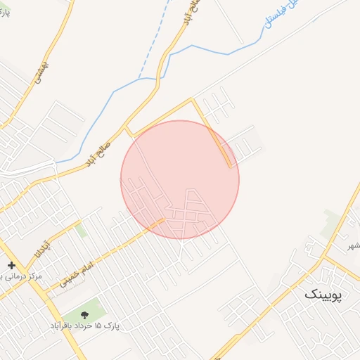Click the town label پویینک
point(322,295)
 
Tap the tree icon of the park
point(86,314)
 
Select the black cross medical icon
point(11,266)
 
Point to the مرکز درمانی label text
point(21,276)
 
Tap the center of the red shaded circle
point(180,179)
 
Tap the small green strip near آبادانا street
point(81,230)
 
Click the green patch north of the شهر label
point(330,221)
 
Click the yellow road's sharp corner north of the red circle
point(193,101)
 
